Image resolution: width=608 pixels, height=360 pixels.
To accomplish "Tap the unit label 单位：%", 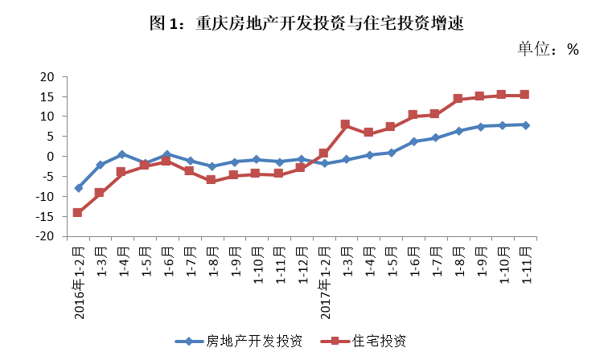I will click(548, 49).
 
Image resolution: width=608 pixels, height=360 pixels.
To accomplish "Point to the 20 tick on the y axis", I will click(47, 77).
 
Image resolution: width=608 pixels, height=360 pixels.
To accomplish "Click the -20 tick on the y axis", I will click(45, 236).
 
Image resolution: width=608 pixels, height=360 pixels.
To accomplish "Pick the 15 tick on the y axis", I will click(47, 96).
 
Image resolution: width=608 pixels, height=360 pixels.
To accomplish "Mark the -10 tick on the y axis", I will click(45, 197).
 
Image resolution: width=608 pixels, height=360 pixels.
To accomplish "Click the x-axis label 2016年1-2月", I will click(79, 282).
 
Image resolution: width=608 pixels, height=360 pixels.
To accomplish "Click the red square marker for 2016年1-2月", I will click(77, 213).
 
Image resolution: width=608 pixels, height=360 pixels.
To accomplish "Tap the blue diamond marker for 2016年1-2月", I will click(77, 188).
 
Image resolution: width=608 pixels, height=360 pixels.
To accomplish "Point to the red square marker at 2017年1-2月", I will click(323, 153).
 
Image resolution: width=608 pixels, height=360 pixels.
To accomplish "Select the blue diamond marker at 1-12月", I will click(301, 159).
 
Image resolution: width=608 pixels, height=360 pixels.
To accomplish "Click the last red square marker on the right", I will click(524, 95).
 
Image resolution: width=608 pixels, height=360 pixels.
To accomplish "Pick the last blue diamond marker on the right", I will click(524, 125).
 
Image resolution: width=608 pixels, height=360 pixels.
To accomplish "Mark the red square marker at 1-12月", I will click(301, 167).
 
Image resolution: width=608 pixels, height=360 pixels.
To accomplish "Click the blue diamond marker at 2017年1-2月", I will click(323, 163).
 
